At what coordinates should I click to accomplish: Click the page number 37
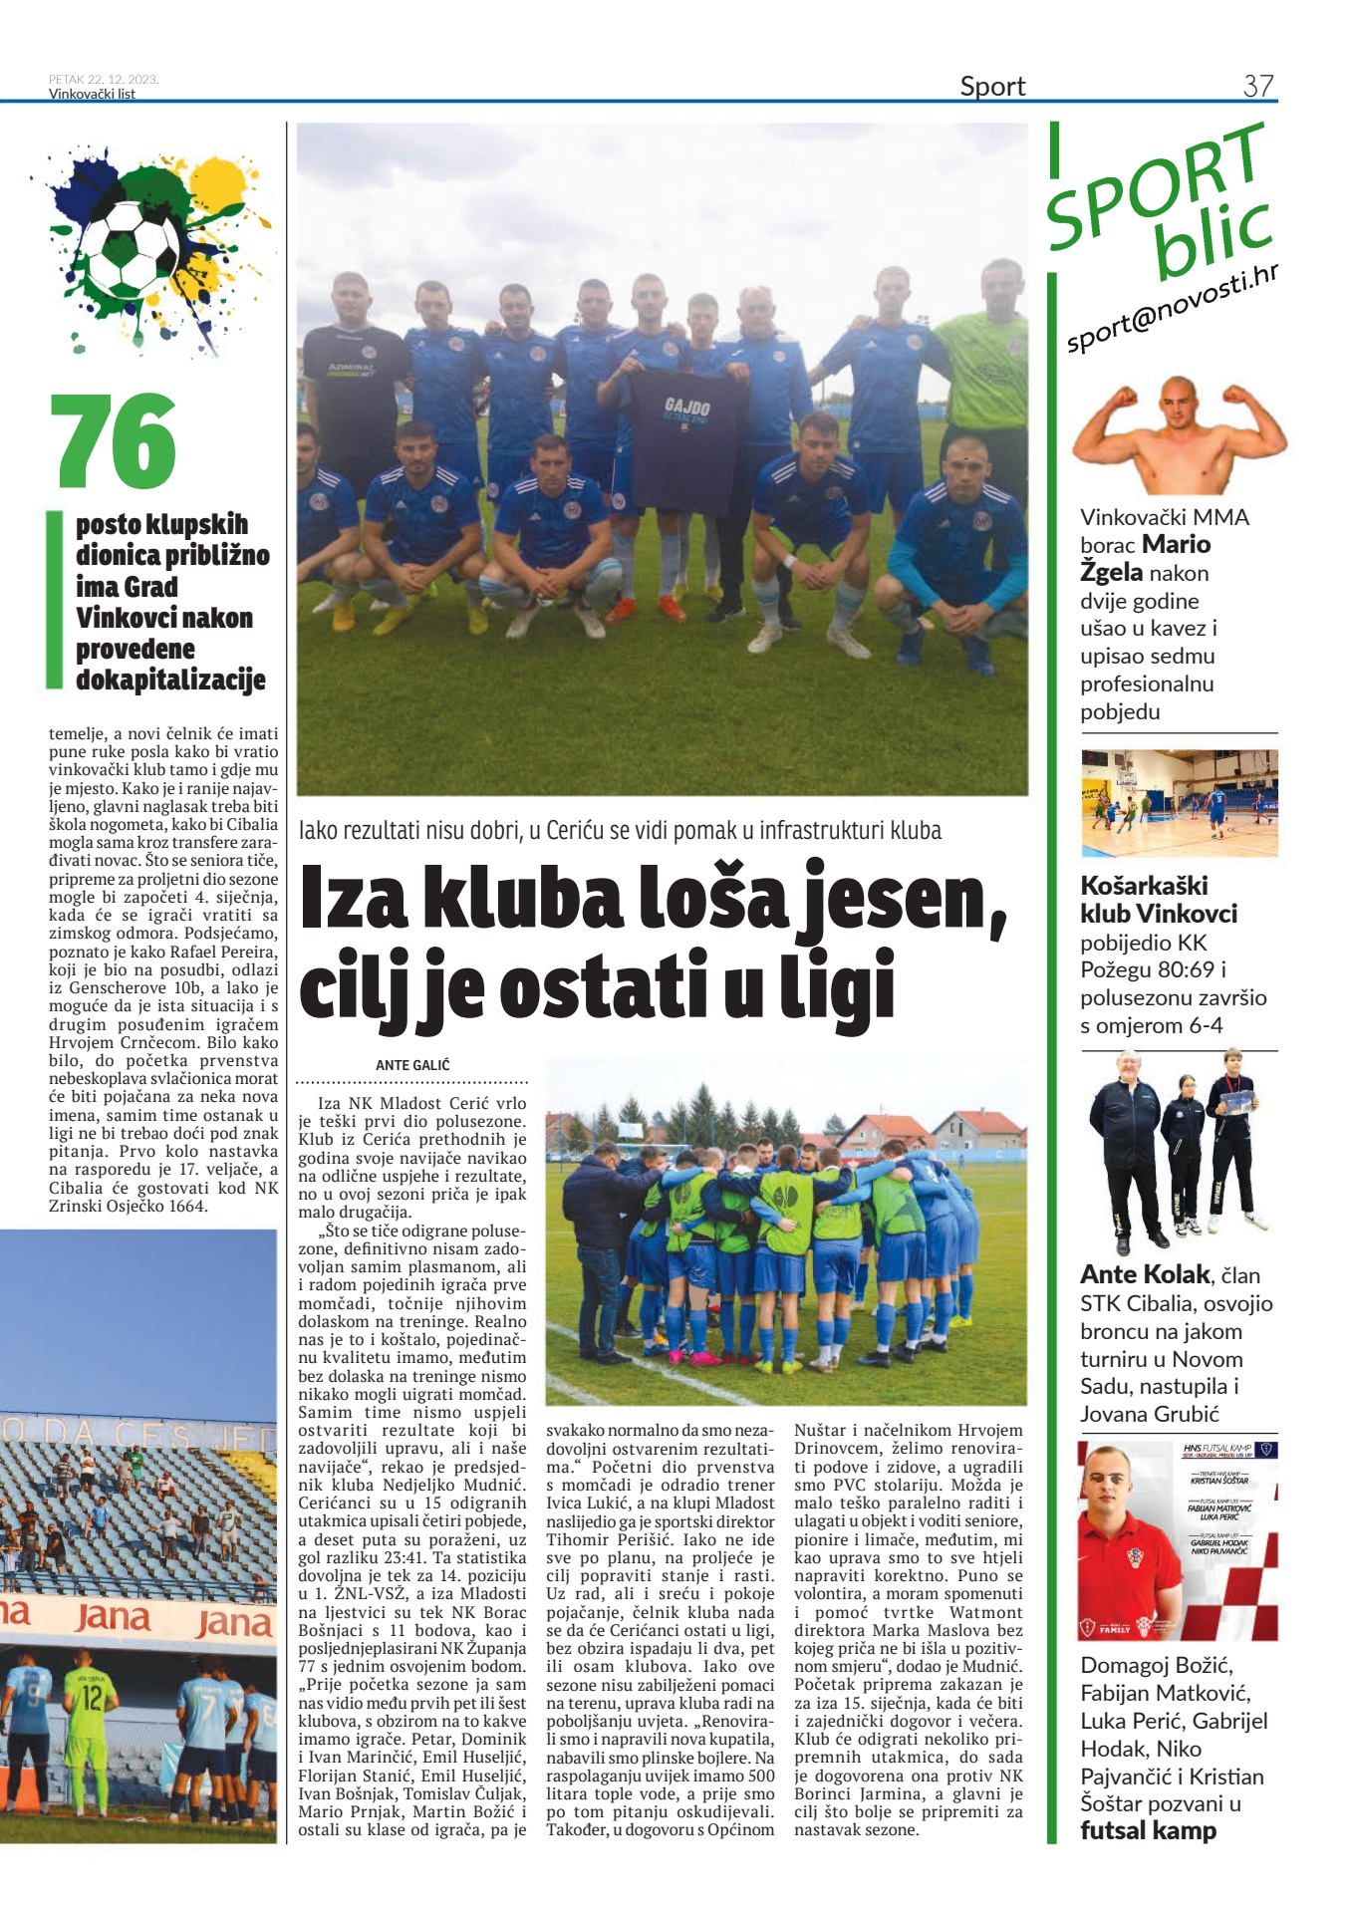(x=1257, y=86)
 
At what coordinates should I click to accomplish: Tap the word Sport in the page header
(x=992, y=87)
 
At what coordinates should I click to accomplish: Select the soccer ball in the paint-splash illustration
(x=129, y=249)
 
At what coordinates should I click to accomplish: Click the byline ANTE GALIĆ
(x=412, y=1065)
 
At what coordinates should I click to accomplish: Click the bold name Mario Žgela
(x=1146, y=558)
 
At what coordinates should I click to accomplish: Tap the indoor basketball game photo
(x=1179, y=804)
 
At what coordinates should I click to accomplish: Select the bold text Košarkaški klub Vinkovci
(x=1159, y=900)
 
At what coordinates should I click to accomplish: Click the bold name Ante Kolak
(x=1145, y=1274)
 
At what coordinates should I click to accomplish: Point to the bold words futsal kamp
(x=1148, y=1830)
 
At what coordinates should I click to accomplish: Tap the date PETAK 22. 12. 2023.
(x=104, y=80)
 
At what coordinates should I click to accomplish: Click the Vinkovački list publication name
(x=92, y=95)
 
